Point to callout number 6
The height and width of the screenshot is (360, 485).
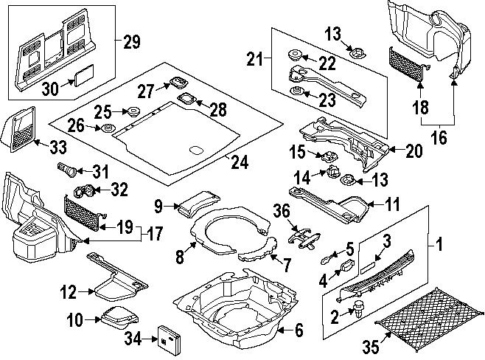(298, 330)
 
